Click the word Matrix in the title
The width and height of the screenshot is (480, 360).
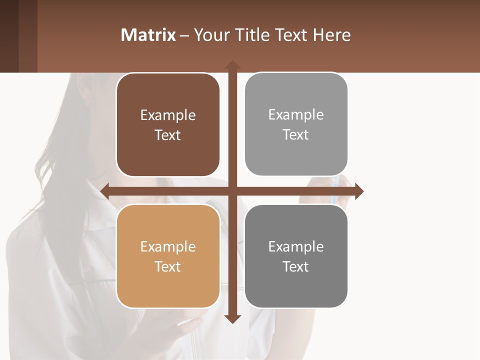point(148,35)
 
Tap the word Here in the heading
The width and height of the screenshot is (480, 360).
point(331,35)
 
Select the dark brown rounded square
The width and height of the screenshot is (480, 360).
point(168,125)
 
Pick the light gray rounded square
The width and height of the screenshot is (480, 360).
point(296,124)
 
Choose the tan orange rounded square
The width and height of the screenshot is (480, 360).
point(168,256)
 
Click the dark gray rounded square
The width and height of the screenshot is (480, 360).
point(296,256)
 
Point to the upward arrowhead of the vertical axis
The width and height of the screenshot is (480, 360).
point(232,64)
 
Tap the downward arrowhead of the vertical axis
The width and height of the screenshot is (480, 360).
point(232,319)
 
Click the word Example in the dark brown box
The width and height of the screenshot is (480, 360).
point(168,115)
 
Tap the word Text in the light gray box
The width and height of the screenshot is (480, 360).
point(296,135)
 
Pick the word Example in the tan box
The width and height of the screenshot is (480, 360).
point(168,247)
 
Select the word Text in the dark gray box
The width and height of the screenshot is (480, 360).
point(296,266)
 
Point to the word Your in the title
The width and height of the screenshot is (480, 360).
point(209,35)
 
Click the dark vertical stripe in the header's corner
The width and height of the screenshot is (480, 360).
point(9,36)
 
